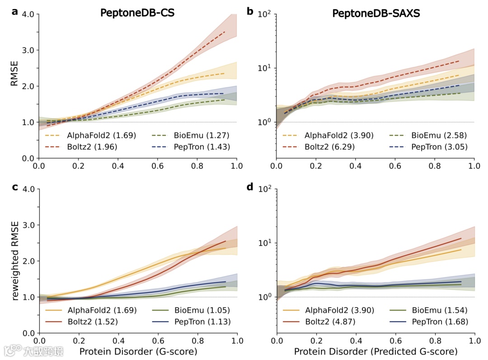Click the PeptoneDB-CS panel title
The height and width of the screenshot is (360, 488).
pyautogui.click(x=137, y=13)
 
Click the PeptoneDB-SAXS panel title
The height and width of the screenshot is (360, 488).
pyautogui.click(x=376, y=13)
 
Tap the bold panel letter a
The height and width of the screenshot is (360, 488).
pyautogui.click(x=15, y=11)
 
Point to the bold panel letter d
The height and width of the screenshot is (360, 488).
pyautogui.click(x=250, y=186)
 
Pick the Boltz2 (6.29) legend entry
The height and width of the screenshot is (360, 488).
pyautogui.click(x=329, y=146)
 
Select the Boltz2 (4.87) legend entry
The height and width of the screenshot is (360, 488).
pyautogui.click(x=329, y=321)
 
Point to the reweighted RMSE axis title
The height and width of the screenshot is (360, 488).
pyautogui.click(x=15, y=261)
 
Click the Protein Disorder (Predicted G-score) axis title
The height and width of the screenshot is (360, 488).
pyautogui.click(x=375, y=351)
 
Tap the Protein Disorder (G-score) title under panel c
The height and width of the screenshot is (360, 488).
pyautogui.click(x=138, y=351)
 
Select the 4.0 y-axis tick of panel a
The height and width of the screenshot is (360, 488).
pyautogui.click(x=28, y=14)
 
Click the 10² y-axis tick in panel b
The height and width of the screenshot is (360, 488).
pyautogui.click(x=264, y=14)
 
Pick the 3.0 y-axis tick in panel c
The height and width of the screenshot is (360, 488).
pyautogui.click(x=28, y=225)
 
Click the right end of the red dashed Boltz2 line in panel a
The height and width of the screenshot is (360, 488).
pyautogui.click(x=225, y=32)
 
